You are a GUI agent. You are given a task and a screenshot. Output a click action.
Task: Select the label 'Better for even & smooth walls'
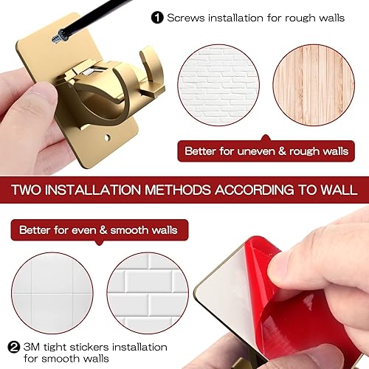coord(98,230)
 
